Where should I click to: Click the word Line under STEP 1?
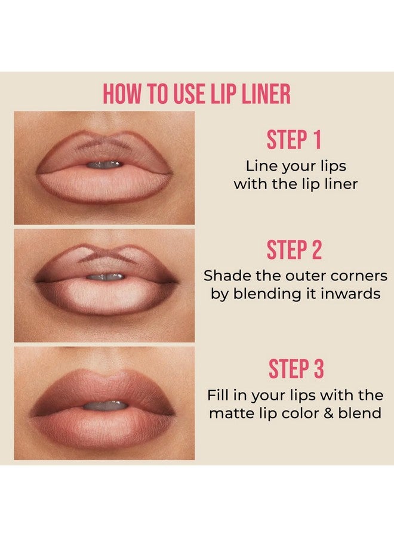pos(263,166)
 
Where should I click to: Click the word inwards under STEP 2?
pos(352,295)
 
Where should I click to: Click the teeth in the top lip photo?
pos(105,164)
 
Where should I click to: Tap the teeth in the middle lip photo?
pos(106,276)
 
